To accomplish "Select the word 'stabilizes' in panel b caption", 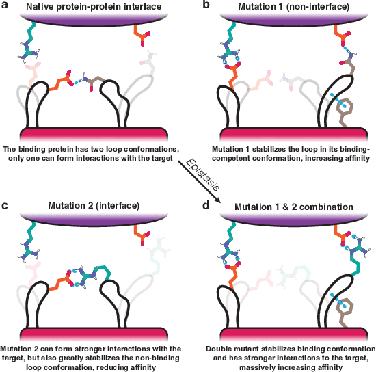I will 260,149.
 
